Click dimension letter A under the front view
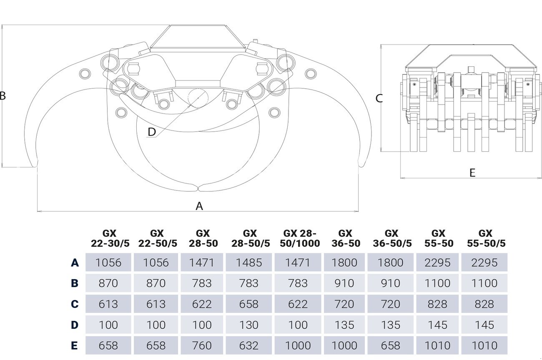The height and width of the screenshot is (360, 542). point(199,206)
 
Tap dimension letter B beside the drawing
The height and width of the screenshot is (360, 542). point(3,96)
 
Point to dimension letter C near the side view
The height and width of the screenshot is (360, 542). point(379,98)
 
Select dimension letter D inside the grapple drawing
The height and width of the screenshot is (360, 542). point(152,132)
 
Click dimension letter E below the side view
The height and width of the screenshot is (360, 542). point(472,173)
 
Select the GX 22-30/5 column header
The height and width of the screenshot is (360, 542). point(110,238)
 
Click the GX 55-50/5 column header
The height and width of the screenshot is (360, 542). point(485,238)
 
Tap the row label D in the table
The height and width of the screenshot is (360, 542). point(75,325)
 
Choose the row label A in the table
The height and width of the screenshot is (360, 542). point(75,262)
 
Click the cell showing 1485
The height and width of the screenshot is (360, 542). point(249,262)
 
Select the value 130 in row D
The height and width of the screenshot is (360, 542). point(249,325)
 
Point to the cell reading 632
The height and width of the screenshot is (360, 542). point(249,346)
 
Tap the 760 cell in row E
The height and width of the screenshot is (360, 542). point(202,346)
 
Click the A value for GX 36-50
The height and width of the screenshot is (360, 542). point(345,262)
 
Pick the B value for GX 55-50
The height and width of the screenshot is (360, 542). point(438,283)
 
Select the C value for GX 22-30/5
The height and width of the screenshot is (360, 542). point(109,304)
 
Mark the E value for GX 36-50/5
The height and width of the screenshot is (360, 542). point(391,346)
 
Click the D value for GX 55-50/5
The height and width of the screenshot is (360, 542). point(484,325)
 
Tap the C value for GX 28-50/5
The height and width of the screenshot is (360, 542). point(249,304)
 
